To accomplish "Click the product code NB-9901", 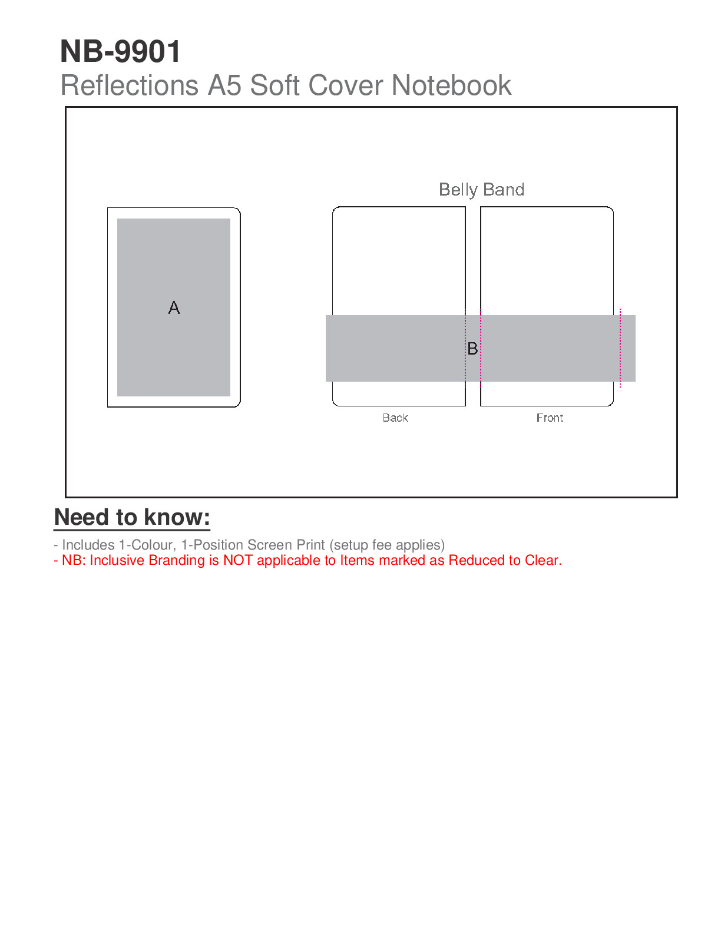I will coord(121,52).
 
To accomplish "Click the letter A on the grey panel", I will coord(174,308).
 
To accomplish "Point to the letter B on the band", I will coord(472,349).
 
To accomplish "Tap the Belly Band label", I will coord(481,190).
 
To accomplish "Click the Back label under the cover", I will coord(395,418).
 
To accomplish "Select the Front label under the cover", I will coord(550,418).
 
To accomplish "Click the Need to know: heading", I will coord(132,517).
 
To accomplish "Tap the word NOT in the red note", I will coord(238,561).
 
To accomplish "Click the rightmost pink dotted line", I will coord(620,348).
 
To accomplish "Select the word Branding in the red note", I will coord(176,561).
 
